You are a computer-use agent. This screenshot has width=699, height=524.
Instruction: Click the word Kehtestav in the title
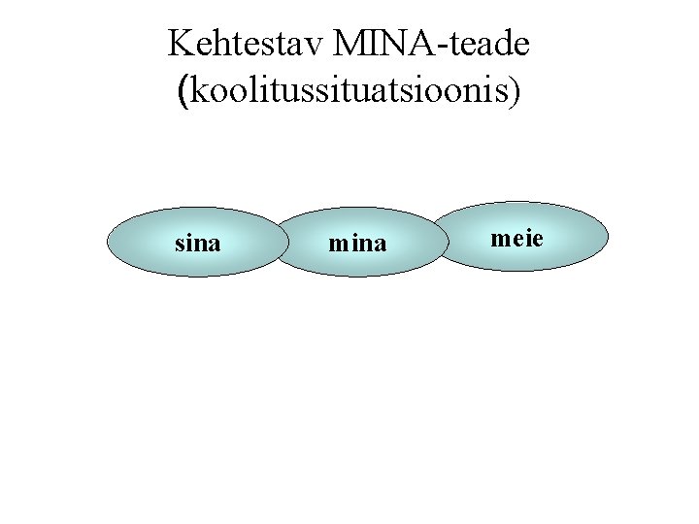246,44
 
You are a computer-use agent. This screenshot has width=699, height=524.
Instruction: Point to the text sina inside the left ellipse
197,244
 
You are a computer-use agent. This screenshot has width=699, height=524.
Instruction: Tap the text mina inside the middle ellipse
357,245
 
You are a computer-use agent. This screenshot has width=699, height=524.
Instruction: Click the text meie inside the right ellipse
516,237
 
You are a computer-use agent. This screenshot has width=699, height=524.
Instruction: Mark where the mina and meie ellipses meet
440,240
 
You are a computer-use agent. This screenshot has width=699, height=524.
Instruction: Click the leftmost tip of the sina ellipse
108,244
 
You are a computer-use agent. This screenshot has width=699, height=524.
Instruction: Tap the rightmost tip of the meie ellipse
609,236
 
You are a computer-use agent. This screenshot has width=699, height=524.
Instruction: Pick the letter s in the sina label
179,245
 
